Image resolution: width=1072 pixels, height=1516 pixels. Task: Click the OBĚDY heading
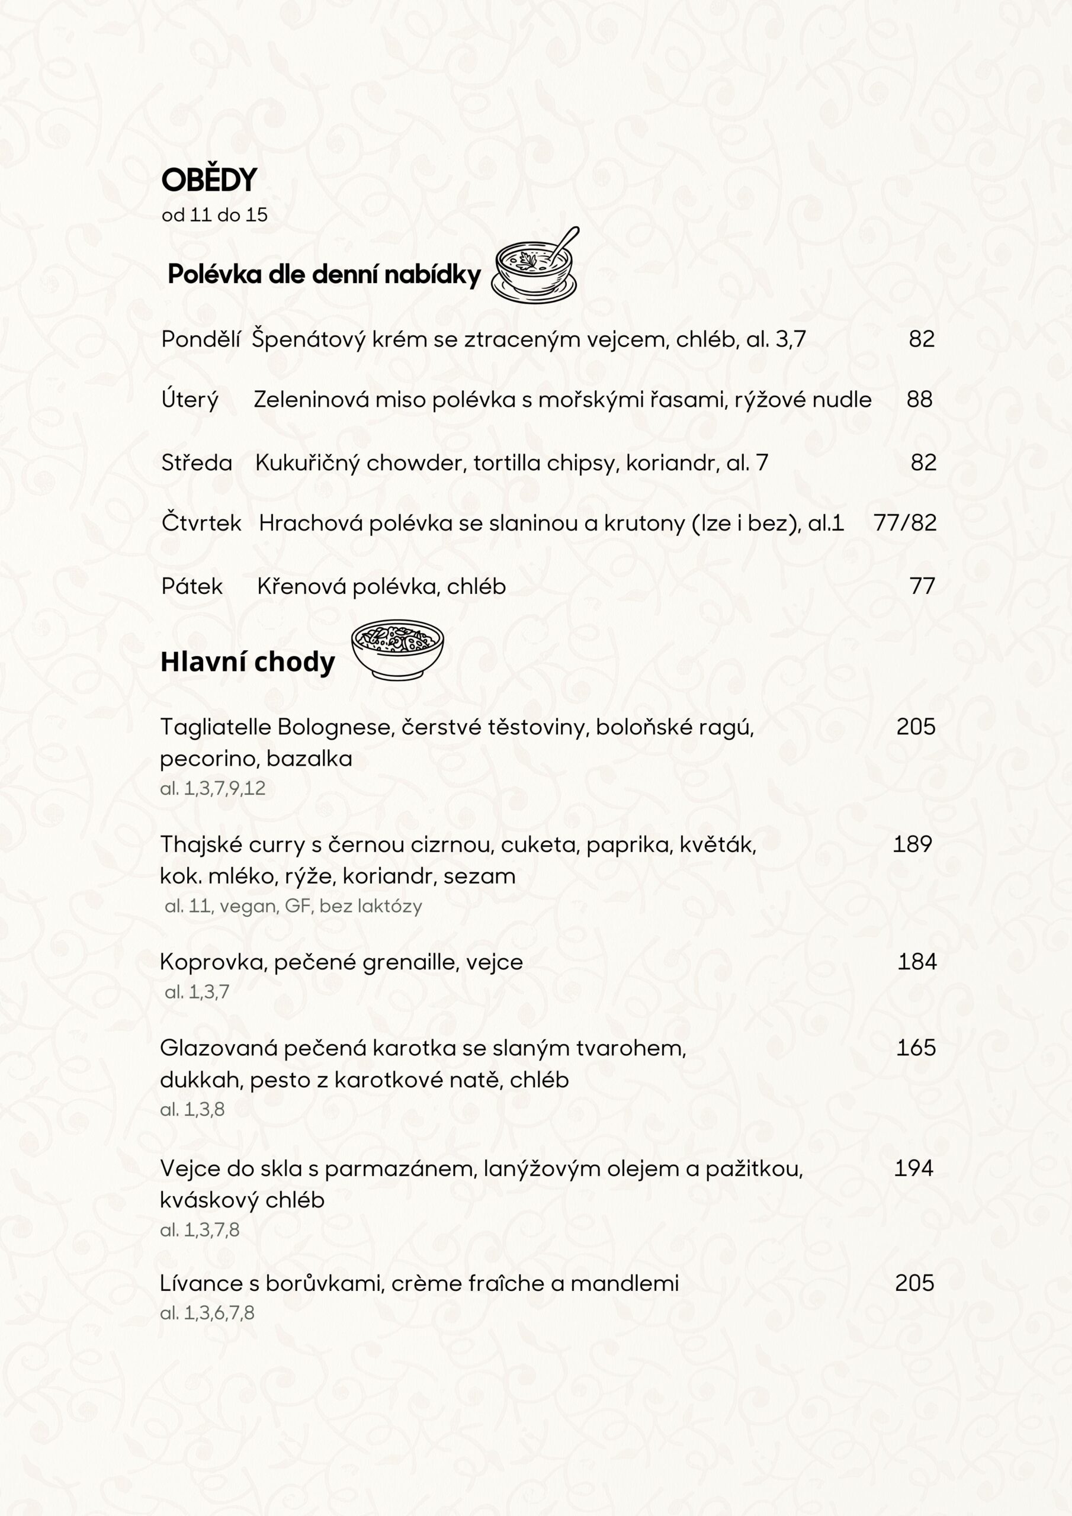[x=208, y=180]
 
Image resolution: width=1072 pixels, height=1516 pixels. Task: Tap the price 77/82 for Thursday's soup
[x=905, y=523]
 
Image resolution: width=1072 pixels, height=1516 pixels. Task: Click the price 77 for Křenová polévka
[x=922, y=586]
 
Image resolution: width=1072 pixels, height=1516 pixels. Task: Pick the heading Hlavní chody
[x=248, y=662]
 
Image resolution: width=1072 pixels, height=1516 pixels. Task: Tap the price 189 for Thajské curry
[x=912, y=844]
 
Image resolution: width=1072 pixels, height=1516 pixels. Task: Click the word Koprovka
[x=211, y=963]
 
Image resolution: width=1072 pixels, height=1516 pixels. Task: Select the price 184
[x=917, y=962]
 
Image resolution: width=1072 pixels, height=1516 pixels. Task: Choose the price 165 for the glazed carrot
[x=916, y=1048]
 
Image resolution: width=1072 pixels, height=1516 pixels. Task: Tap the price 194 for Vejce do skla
[x=913, y=1168]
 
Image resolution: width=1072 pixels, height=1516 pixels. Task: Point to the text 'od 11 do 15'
[x=214, y=215]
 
